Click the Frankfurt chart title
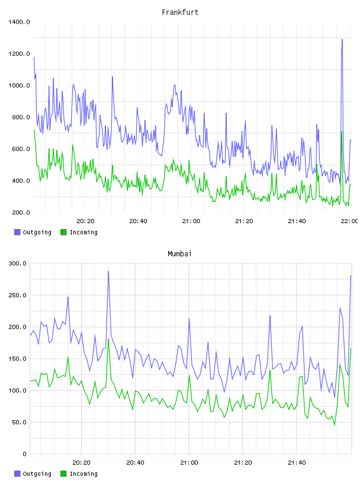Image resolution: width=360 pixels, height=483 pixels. pyautogui.click(x=180, y=12)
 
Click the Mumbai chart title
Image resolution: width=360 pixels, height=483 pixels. pyautogui.click(x=179, y=254)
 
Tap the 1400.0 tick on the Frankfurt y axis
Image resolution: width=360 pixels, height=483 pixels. pyautogui.click(x=19, y=22)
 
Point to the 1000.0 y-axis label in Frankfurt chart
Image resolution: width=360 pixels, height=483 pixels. pyautogui.click(x=19, y=86)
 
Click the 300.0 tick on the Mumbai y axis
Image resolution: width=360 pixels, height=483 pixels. pyautogui.click(x=18, y=263)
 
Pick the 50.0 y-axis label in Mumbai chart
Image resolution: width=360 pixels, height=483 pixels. pyautogui.click(x=19, y=422)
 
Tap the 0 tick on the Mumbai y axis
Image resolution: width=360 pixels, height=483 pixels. pyautogui.click(x=25, y=454)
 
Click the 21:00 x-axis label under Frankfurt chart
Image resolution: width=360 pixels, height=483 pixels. pyautogui.click(x=191, y=221)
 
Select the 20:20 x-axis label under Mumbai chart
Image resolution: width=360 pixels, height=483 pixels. pyautogui.click(x=81, y=463)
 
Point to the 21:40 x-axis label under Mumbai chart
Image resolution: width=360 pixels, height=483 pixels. pyautogui.click(x=297, y=463)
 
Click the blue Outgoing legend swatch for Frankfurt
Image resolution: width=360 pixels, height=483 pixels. pyautogui.click(x=17, y=232)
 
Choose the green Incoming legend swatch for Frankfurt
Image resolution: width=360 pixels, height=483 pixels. pyautogui.click(x=63, y=232)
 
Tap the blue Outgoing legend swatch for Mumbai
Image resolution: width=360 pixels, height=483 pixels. pyautogui.click(x=17, y=474)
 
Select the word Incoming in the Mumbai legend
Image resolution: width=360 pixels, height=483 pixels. pyautogui.click(x=83, y=474)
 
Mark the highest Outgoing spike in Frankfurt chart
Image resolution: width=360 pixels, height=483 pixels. pyautogui.click(x=342, y=40)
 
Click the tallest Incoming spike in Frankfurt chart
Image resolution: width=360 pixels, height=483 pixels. pyautogui.click(x=342, y=132)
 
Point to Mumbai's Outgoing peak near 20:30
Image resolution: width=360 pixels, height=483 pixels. pyautogui.click(x=108, y=271)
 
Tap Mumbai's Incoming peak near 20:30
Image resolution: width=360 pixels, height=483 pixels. pyautogui.click(x=108, y=339)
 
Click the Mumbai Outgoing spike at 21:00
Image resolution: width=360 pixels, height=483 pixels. pyautogui.click(x=189, y=319)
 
